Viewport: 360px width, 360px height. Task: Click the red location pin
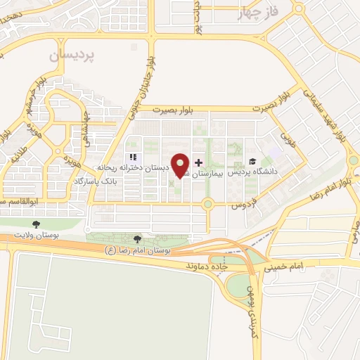[x=181, y=165]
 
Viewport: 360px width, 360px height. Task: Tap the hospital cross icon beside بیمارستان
[x=198, y=162]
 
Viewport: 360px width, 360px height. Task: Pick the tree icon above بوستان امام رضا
[x=138, y=240]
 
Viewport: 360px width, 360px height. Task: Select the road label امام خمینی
[x=284, y=267]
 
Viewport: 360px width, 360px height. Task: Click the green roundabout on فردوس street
[x=207, y=205]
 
